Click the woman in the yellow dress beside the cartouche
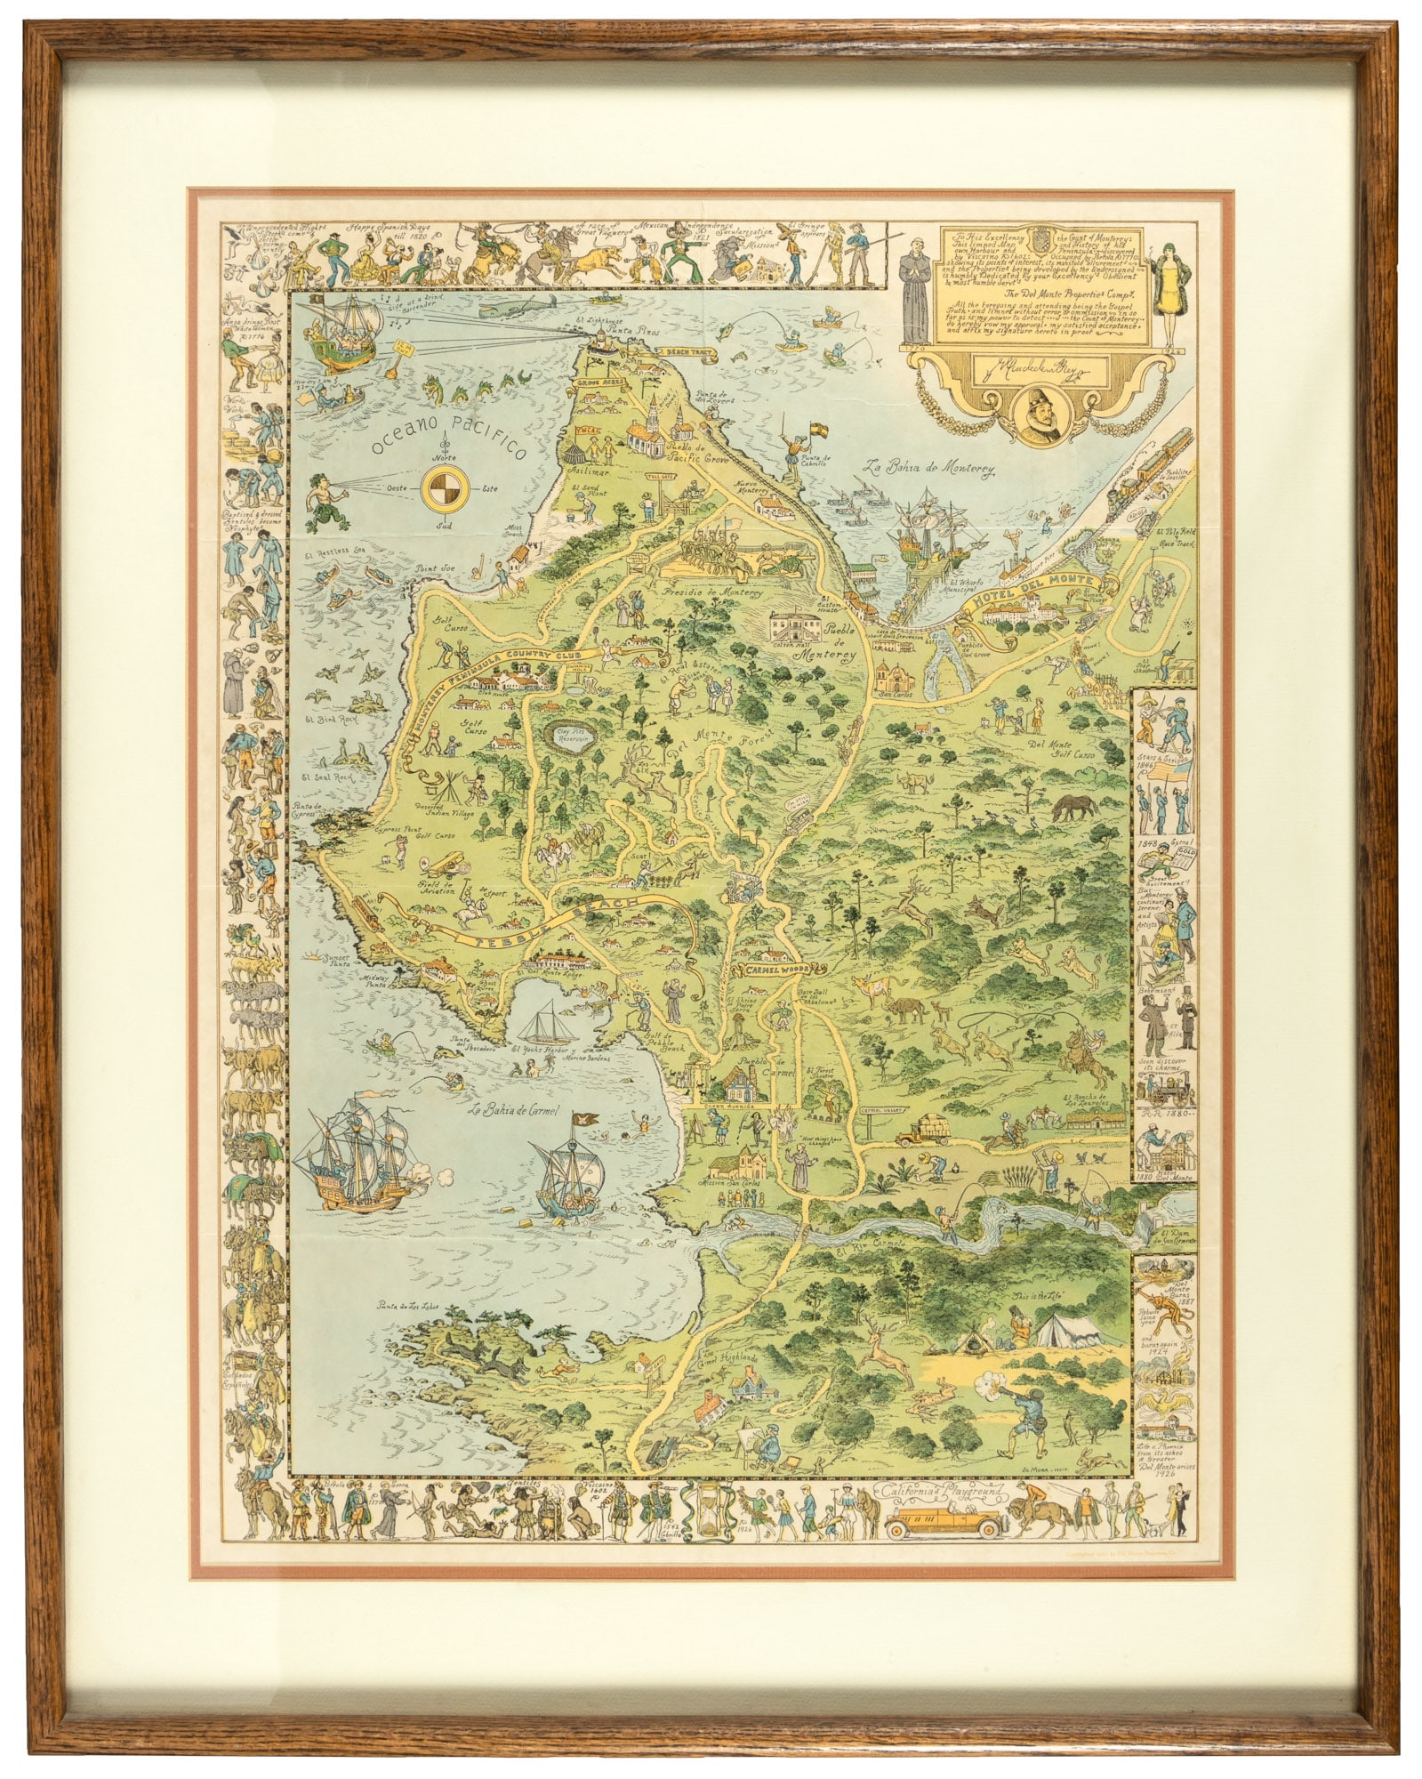pos(1166,285)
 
